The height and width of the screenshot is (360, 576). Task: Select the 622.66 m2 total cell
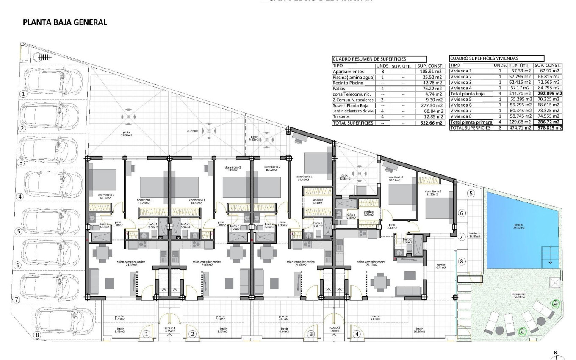point(430,123)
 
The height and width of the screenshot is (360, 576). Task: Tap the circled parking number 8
point(37,335)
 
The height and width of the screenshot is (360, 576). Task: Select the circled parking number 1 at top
point(24,94)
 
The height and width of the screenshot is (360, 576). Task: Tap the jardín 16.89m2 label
point(419,331)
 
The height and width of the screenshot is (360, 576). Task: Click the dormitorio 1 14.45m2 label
point(305,178)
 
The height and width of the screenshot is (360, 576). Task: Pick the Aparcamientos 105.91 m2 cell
point(430,72)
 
